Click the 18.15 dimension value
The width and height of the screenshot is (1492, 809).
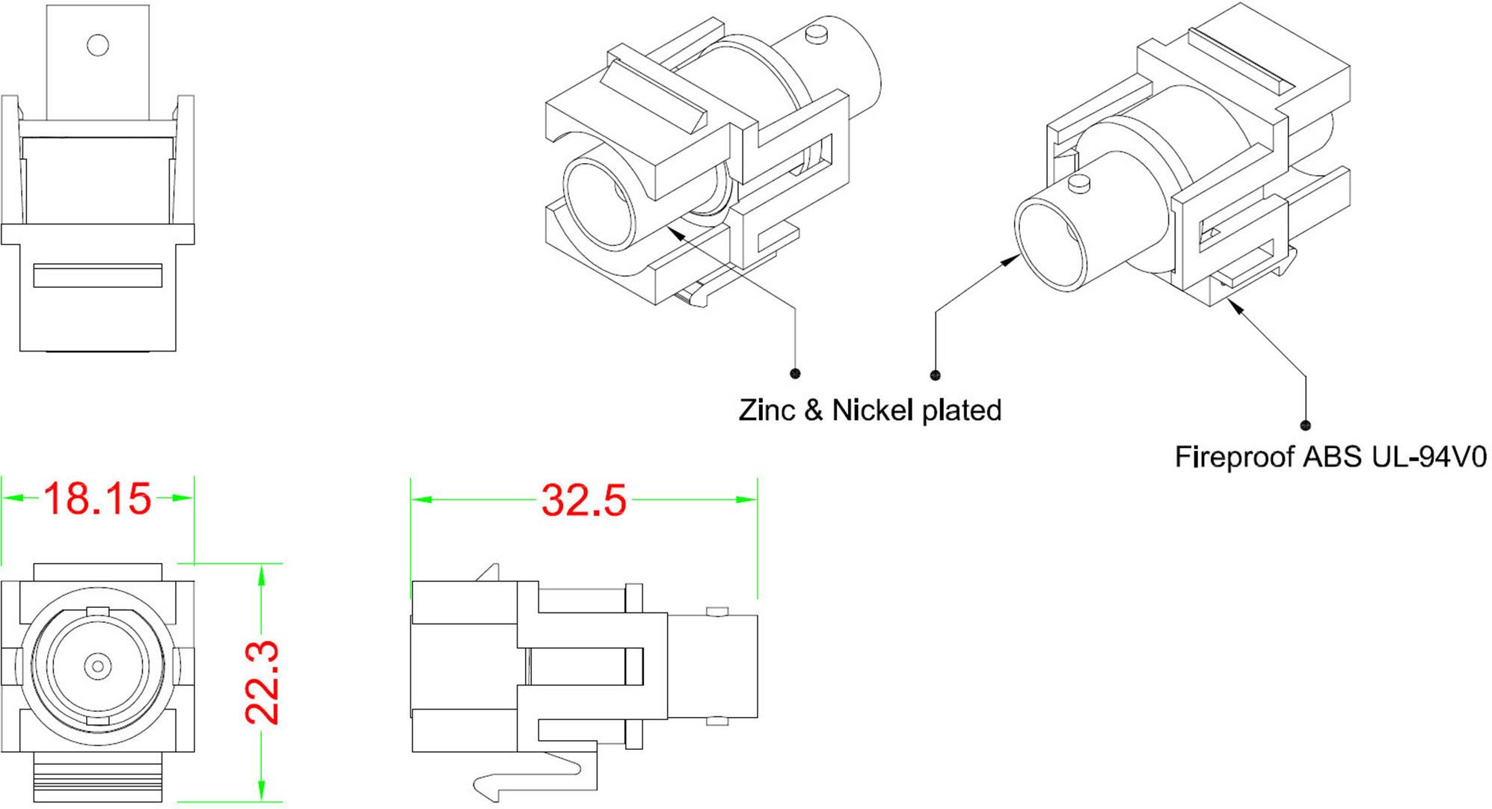click(97, 499)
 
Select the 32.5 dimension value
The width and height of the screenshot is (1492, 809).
click(583, 500)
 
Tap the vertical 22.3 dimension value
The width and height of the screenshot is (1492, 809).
click(263, 682)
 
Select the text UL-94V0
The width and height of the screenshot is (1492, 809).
click(1429, 457)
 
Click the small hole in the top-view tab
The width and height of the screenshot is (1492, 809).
click(98, 45)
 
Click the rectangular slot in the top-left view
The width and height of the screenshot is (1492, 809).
click(98, 275)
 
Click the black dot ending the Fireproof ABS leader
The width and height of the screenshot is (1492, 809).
click(1306, 425)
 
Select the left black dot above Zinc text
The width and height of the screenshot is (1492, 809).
click(795, 373)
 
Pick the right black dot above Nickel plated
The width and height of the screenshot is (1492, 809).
click(935, 375)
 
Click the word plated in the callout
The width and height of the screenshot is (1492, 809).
click(961, 410)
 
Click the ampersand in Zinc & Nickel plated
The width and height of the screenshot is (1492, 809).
click(814, 410)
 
